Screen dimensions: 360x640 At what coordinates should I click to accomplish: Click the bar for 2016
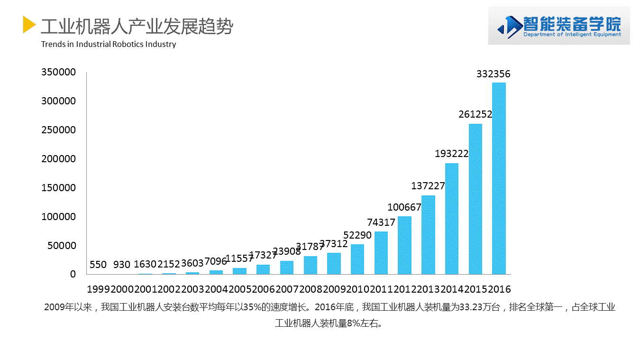click(499, 178)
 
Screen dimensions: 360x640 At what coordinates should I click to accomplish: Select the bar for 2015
click(475, 199)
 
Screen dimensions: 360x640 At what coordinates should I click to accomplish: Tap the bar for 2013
click(428, 235)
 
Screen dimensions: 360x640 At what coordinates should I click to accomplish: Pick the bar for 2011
click(381, 253)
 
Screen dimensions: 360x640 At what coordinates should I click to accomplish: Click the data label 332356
click(493, 74)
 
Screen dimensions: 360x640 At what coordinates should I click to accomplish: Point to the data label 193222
click(452, 154)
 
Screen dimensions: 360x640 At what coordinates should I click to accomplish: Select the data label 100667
click(404, 207)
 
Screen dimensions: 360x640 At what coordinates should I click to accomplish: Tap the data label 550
click(98, 265)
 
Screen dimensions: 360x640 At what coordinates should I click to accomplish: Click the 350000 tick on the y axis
click(58, 72)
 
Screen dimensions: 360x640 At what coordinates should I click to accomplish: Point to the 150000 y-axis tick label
click(58, 188)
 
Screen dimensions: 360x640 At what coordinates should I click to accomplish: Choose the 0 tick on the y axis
click(73, 274)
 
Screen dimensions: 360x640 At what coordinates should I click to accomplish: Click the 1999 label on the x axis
click(98, 289)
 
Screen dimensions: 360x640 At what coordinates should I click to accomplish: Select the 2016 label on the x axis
click(499, 289)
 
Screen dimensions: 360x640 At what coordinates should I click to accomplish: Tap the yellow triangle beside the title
click(29, 25)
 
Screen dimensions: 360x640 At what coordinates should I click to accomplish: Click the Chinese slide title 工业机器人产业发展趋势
click(137, 27)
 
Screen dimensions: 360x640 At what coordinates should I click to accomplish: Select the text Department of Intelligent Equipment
click(572, 35)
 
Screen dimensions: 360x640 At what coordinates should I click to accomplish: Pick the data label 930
click(122, 265)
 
